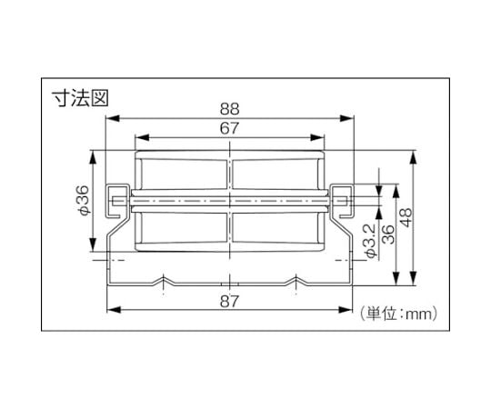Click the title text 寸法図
80,98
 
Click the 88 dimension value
229,109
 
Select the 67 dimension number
229,128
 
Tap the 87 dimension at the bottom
229,302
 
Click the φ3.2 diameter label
370,241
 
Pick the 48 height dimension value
406,217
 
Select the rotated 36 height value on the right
388,234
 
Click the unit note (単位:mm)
398,314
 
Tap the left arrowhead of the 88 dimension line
113,118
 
